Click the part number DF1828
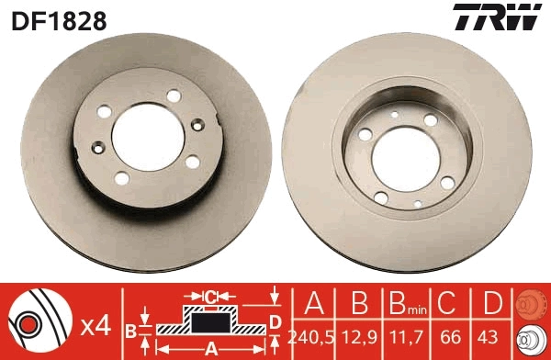(59, 20)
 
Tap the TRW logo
(497, 17)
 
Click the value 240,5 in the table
(310, 338)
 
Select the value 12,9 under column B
(359, 338)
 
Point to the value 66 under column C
(450, 338)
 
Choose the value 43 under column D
(488, 338)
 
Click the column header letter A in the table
(314, 302)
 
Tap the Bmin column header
(407, 303)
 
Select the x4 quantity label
(96, 326)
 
